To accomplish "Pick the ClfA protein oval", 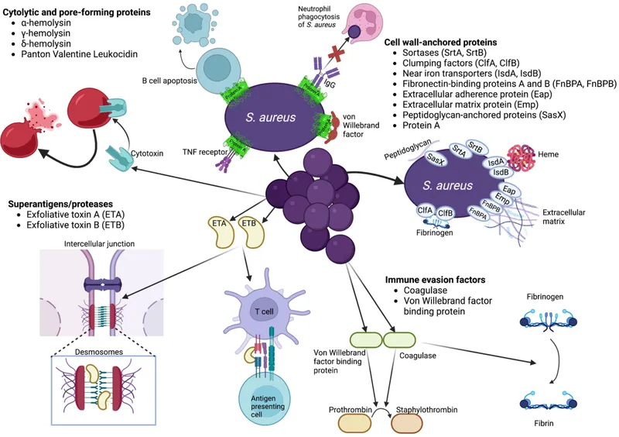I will (x=425, y=210).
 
